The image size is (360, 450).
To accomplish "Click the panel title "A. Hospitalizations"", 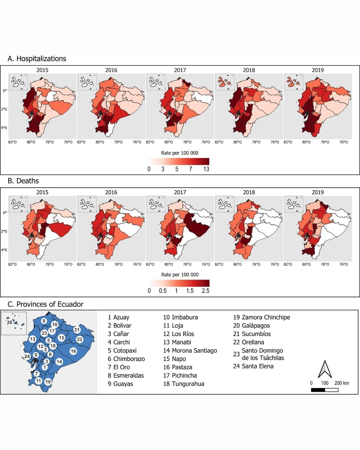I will pyautogui.click(x=37, y=59).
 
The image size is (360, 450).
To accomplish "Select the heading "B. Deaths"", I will pyautogui.click(x=23, y=181).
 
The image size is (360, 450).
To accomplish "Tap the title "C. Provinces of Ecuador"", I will pyautogui.click(x=45, y=304).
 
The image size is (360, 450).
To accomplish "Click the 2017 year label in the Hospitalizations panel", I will pyautogui.click(x=180, y=70).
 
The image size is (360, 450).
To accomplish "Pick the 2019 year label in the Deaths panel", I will pyautogui.click(x=318, y=192).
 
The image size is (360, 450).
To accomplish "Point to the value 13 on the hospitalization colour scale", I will pyautogui.click(x=206, y=169).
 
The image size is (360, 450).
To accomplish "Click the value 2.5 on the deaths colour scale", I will pyautogui.click(x=206, y=291).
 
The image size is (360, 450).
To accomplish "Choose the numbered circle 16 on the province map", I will pyautogui.click(x=73, y=351).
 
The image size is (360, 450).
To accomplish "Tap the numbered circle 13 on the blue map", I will pyautogui.click(x=32, y=339).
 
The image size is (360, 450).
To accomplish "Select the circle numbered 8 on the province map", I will pyautogui.click(x=44, y=321).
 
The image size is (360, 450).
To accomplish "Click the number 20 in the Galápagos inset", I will pyautogui.click(x=9, y=322).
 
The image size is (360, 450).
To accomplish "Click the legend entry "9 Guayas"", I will pyautogui.click(x=120, y=384).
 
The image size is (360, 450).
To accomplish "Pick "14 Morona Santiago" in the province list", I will pyautogui.click(x=190, y=350).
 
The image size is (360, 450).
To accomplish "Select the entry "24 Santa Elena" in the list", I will pyautogui.click(x=253, y=366).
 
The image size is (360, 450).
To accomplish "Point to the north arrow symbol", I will pyautogui.click(x=325, y=369).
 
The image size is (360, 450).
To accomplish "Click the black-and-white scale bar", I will pyautogui.click(x=324, y=390).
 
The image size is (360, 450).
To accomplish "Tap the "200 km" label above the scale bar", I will pyautogui.click(x=341, y=383).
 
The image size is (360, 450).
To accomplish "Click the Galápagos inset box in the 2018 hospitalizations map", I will pyautogui.click(x=225, y=82).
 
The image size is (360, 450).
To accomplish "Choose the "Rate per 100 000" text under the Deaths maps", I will pyautogui.click(x=180, y=275).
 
